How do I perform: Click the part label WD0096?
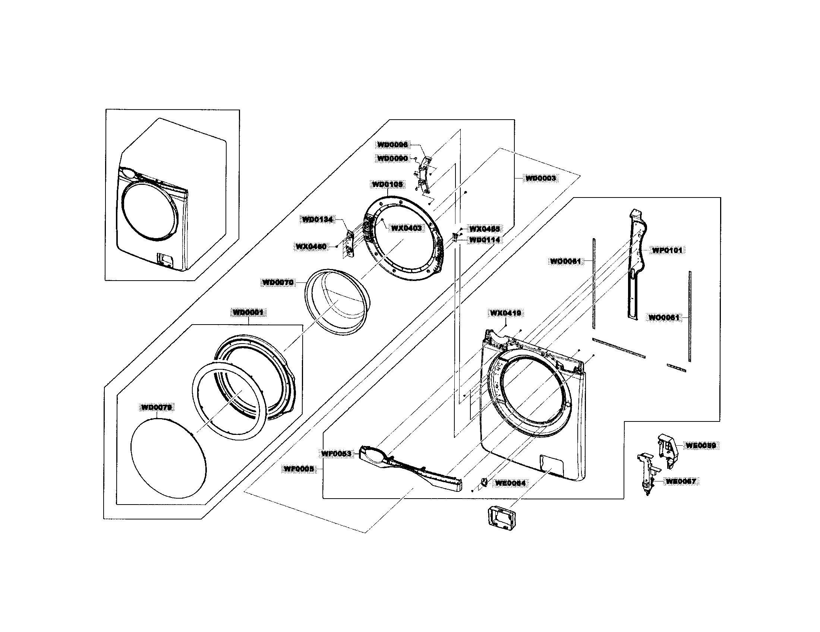393,145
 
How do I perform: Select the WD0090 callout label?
393,159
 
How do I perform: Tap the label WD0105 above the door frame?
388,185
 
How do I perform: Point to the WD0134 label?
317,220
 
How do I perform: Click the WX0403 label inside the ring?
406,228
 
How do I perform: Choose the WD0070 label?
277,282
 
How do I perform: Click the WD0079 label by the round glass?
157,407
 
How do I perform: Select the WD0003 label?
540,178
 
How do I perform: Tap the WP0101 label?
667,250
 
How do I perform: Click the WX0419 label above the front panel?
505,313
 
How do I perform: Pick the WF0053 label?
336,454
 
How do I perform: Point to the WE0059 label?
701,445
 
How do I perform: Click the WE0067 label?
681,481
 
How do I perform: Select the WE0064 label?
511,483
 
